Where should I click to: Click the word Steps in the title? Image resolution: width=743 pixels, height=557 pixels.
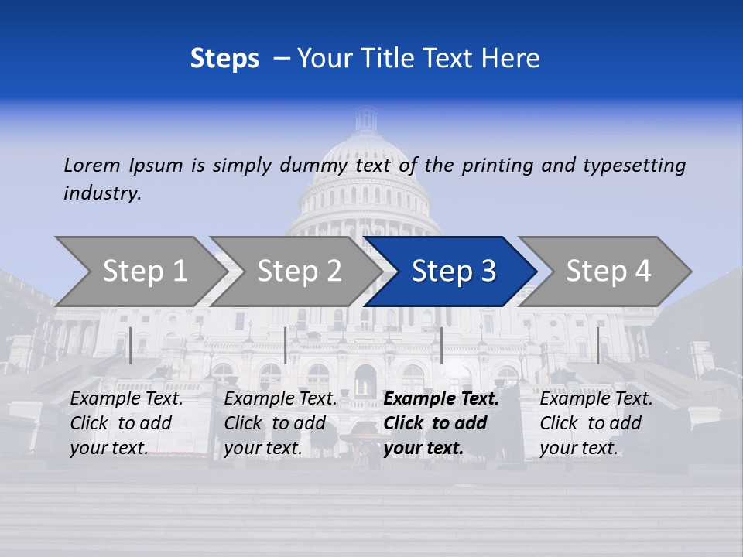pos(224,59)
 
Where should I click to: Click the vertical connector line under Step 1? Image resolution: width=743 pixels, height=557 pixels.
pos(131,345)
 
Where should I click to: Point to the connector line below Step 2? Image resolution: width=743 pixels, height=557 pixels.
pos(286,345)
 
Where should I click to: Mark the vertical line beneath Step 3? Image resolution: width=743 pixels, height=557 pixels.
pos(441,345)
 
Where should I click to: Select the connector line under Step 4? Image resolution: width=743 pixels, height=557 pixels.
pos(597,345)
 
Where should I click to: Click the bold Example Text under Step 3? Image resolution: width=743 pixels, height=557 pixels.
pos(441,399)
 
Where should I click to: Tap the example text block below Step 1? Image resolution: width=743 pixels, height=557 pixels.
pos(126,423)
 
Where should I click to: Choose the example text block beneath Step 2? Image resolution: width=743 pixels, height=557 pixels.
pos(280,423)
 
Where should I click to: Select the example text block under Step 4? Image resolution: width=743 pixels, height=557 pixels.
pos(596,423)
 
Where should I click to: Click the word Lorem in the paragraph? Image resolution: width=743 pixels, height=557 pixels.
pos(92,165)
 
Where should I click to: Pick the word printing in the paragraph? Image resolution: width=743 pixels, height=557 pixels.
pos(498,166)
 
